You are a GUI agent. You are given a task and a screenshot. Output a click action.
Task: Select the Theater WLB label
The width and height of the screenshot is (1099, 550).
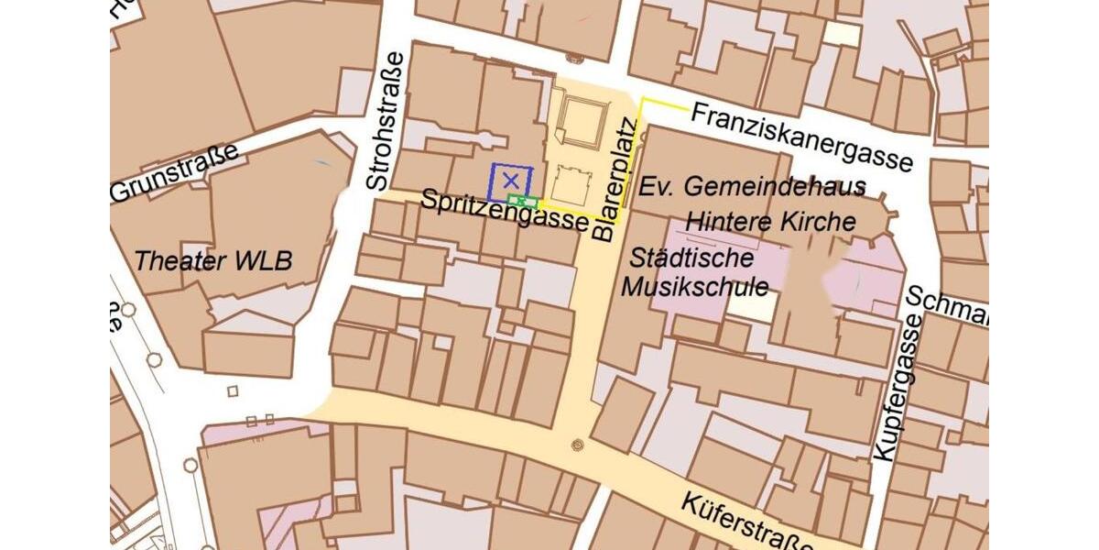[x=212, y=261]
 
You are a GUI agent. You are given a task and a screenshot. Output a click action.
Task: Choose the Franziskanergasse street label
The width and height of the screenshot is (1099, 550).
[x=802, y=136]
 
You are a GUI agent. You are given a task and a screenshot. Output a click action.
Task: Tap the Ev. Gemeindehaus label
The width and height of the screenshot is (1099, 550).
[x=752, y=187]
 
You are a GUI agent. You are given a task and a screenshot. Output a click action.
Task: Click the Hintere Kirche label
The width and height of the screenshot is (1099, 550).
[x=771, y=222]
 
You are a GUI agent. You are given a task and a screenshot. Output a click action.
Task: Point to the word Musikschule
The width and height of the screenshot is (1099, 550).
[x=696, y=286]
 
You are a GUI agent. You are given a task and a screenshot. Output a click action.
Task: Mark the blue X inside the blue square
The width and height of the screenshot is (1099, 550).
[x=511, y=181]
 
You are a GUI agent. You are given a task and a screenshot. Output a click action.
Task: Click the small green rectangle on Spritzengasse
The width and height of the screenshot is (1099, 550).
[x=522, y=201]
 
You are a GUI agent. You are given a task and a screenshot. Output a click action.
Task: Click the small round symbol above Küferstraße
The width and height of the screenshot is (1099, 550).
[x=576, y=446]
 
